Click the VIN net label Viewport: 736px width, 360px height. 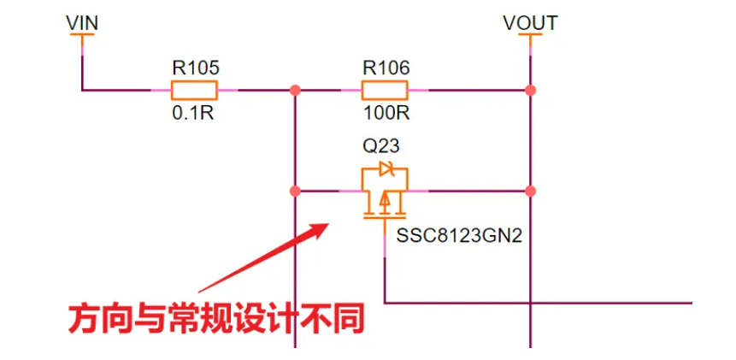click(x=82, y=22)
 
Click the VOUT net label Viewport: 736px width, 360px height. click(x=530, y=22)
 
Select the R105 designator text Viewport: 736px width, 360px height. click(x=195, y=67)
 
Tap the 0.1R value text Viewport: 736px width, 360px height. click(x=193, y=113)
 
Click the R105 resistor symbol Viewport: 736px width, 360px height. click(x=194, y=89)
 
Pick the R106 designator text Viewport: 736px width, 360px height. click(x=386, y=67)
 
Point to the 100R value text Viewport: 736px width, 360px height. click(x=386, y=113)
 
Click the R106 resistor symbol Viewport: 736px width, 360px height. click(x=386, y=89)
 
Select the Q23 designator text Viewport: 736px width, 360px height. click(x=381, y=145)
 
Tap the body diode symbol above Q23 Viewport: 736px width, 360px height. click(x=386, y=169)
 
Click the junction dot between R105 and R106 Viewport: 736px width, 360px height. click(x=295, y=89)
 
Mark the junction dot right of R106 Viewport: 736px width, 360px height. click(x=531, y=89)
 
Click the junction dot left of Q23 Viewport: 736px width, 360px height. click(x=295, y=191)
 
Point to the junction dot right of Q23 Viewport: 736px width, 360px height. click(x=531, y=191)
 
